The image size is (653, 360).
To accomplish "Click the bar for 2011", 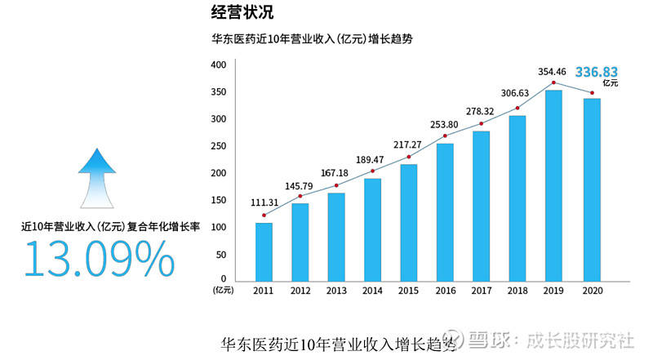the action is [264, 252].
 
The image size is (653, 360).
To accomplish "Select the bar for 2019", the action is [553, 186].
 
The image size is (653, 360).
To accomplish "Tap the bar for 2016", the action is [445, 213].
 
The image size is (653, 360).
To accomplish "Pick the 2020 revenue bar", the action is [592, 190].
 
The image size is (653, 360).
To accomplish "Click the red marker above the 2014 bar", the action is [373, 171].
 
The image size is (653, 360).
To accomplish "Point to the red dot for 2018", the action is [518, 108].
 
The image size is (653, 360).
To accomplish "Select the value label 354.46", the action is [552, 72].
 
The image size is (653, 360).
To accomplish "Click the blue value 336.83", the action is [597, 72].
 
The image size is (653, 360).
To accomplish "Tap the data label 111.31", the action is [264, 202].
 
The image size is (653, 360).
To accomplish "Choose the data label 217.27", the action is [407, 144].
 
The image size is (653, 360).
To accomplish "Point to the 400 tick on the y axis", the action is [219, 64].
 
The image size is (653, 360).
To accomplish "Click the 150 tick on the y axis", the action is [219, 200].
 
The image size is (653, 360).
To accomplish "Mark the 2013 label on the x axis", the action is [336, 291].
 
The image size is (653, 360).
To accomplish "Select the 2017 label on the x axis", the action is [482, 291].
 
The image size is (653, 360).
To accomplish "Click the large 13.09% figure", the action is [99, 259].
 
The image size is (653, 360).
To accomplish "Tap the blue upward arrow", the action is [97, 178].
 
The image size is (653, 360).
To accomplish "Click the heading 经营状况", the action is [242, 12].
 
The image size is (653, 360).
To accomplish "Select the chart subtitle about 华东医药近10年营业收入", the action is [312, 39].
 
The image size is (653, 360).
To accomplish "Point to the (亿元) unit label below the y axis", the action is [224, 290].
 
